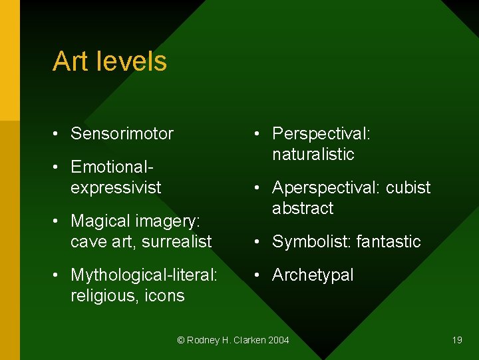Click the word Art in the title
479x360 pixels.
point(70,61)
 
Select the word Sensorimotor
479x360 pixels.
point(122,133)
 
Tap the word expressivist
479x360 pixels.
point(116,187)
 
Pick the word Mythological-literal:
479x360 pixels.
point(144,275)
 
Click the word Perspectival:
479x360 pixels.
point(321,133)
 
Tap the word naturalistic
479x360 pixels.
point(313,154)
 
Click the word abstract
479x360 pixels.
point(303,208)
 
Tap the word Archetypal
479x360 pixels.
point(313,275)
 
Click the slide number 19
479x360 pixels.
point(457,340)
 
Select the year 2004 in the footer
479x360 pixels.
point(278,340)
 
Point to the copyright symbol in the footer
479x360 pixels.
point(180,340)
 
